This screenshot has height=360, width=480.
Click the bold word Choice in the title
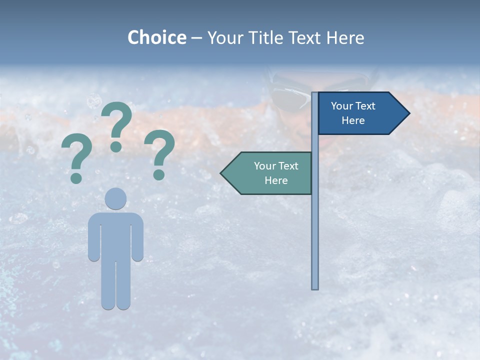156,37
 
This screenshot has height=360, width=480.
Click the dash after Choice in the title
196,38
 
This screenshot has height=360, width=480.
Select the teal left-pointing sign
270,173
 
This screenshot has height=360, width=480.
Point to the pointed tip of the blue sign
408,113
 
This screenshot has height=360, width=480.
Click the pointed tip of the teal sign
221,173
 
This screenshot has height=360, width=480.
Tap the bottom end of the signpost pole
315,287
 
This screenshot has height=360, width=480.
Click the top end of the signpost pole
315,94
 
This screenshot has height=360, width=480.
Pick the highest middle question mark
116,125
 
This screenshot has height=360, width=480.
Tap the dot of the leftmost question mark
76,178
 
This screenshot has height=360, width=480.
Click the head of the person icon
115,198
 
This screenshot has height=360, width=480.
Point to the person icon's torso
115,235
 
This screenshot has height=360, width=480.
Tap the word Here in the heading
345,37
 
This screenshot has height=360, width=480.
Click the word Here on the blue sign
353,120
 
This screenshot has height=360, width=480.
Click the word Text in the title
306,37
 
